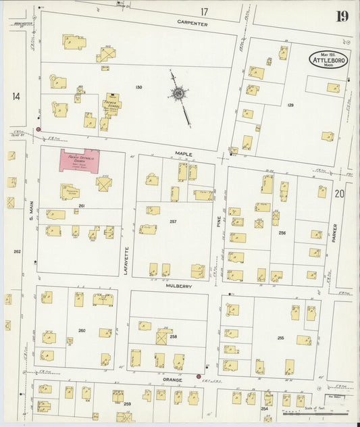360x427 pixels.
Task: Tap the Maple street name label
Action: pyautogui.click(x=184, y=154)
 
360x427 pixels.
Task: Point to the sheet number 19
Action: pyautogui.click(x=343, y=16)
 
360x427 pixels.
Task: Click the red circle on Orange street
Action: pyautogui.click(x=199, y=376)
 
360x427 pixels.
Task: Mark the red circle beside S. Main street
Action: pyautogui.click(x=38, y=128)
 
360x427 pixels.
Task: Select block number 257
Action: pyautogui.click(x=174, y=222)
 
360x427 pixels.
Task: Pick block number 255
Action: pyautogui.click(x=280, y=336)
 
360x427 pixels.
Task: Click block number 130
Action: pyautogui.click(x=138, y=88)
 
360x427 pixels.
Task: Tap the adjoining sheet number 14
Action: pyautogui.click(x=16, y=97)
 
